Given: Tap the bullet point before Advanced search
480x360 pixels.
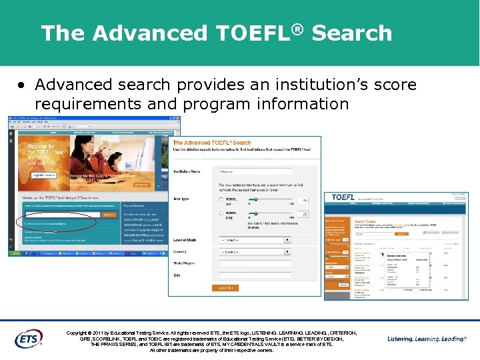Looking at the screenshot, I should pos(22,85).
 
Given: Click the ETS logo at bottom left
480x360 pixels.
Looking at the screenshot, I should pos(28,339).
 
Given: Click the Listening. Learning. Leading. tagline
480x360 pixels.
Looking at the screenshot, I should pos(427,339).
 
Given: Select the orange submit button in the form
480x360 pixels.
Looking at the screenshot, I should pos(225,287).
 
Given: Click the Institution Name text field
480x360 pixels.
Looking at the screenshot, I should pos(255,171).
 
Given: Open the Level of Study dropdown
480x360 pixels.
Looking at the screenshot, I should pos(255,240).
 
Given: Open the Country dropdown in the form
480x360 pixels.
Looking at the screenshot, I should pos(255,252).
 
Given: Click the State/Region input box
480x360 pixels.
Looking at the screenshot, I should pos(255,264).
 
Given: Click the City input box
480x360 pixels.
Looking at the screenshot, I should pos(255,275).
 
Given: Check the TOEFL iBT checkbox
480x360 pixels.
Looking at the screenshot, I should pos(221,199).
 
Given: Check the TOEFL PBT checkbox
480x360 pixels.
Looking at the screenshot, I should pos(221,214).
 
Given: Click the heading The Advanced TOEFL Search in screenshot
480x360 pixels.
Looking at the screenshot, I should pos(212,143).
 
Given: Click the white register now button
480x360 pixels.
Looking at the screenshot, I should pos(41,175).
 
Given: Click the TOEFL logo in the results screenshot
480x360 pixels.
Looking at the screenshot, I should pos(343,197).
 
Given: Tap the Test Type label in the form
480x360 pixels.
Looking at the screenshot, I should pos(182,199).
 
